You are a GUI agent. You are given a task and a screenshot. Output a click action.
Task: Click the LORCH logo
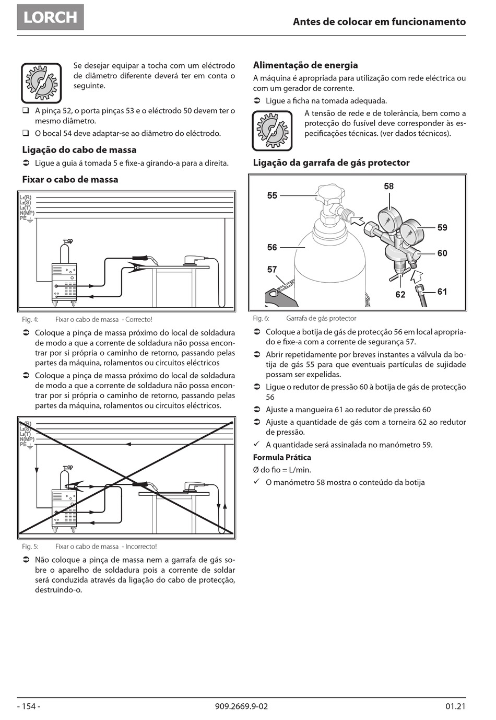[50, 17]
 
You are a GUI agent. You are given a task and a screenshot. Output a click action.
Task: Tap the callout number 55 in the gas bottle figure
[272, 195]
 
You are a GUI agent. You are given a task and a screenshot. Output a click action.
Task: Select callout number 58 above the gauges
[389, 186]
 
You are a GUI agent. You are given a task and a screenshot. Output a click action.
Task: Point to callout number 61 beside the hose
[442, 292]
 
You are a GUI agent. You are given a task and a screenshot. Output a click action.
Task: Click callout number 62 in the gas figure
[400, 295]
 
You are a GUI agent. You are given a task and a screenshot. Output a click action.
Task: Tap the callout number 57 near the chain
[272, 270]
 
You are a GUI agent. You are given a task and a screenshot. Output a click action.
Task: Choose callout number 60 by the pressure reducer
[442, 253]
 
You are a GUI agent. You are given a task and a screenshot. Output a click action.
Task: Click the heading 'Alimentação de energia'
[305, 65]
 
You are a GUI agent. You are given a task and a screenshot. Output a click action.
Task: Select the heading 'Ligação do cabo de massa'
[79, 150]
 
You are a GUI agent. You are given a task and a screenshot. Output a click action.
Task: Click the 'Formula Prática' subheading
[282, 457]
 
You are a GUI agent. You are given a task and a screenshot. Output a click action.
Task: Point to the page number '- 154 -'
[29, 706]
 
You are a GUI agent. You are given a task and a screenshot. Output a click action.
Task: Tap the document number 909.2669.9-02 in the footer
[241, 706]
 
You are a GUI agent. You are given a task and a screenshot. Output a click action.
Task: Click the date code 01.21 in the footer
[455, 706]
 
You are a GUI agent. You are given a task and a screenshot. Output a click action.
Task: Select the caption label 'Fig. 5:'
[30, 547]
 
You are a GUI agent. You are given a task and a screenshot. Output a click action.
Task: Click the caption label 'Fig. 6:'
[261, 318]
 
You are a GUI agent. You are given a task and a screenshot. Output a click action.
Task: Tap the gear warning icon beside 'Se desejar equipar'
[41, 83]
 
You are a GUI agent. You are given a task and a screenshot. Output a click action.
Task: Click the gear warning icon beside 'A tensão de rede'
[272, 130]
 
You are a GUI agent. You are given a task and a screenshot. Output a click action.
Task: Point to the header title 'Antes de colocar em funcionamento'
[379, 22]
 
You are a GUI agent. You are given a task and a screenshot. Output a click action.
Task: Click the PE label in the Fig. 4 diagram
[23, 218]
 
